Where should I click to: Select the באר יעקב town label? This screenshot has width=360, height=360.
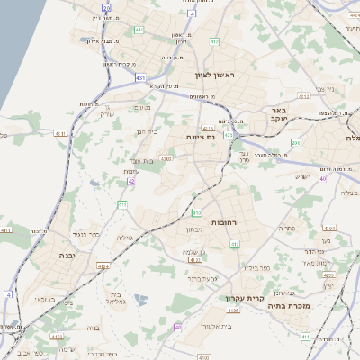[x=277, y=114]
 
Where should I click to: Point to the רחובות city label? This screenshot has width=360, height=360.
[x=223, y=220]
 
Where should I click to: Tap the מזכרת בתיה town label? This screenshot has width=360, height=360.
[x=288, y=306]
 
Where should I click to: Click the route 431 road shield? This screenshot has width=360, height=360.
[x=140, y=78]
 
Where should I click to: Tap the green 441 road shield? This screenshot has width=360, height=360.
[x=139, y=30]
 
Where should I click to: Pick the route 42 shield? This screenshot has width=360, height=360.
[x=131, y=182]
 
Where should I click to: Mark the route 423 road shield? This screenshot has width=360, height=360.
[x=229, y=135]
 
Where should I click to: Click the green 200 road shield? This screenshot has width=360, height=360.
[x=295, y=142]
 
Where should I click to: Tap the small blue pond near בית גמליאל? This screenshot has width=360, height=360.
[x=139, y=298]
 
